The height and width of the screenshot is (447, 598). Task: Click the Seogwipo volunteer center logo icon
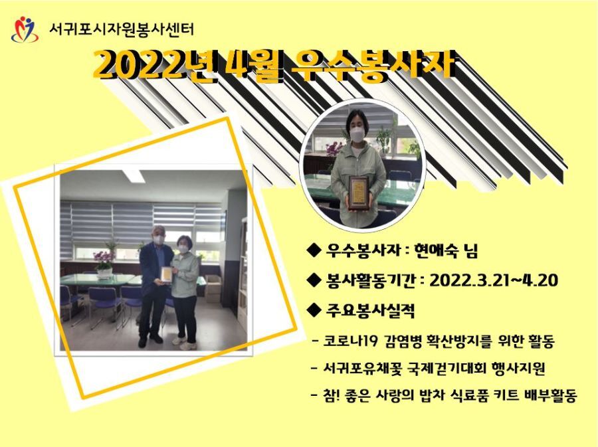point(25,29)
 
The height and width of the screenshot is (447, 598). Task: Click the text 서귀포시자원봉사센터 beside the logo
point(122,29)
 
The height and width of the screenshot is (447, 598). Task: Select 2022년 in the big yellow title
point(154,66)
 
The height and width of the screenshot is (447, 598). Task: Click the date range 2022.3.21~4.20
point(494,281)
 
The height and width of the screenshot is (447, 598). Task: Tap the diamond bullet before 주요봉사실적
point(314,311)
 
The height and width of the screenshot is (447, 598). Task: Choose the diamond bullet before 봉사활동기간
point(314,281)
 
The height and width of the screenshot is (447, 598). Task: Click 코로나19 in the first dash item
point(350,341)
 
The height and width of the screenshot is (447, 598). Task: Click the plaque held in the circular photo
point(359,193)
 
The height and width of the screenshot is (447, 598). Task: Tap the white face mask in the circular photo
point(357,135)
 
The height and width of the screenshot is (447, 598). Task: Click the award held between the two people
point(166,274)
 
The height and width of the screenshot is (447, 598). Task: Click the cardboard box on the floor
point(213,288)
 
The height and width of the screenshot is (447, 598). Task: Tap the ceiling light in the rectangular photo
point(134,176)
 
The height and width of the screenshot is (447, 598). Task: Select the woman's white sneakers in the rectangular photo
point(184,343)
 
